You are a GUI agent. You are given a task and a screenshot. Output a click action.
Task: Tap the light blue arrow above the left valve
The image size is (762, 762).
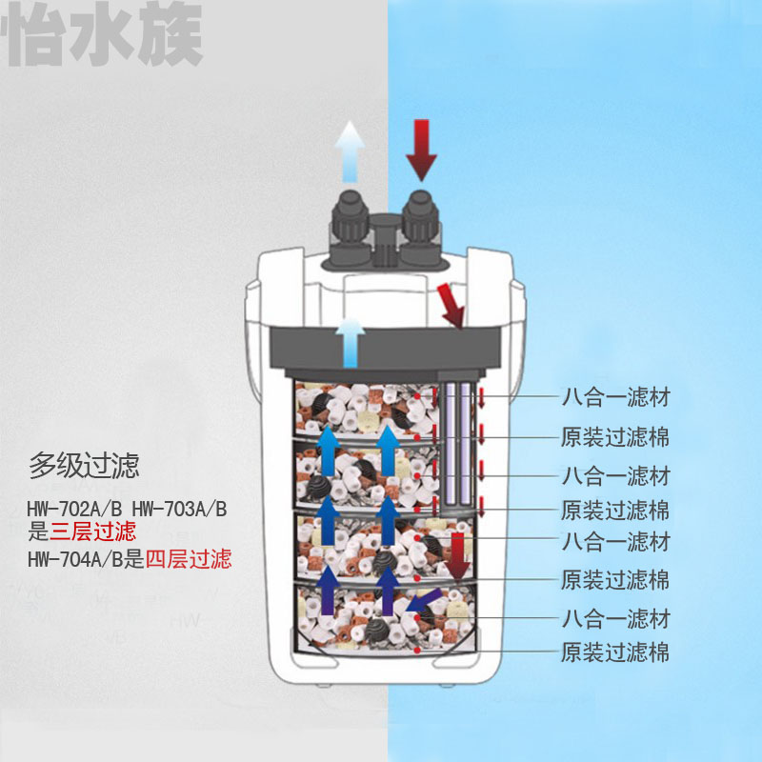point(351,152)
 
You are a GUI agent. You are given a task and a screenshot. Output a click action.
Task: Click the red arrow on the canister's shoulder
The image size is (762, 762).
point(451,305)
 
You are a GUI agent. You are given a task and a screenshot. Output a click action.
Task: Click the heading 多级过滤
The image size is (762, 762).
point(84,467)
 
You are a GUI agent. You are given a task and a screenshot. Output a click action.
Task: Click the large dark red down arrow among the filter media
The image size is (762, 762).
point(459,555)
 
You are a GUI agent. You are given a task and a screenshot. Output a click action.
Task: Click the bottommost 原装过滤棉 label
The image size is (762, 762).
point(614,653)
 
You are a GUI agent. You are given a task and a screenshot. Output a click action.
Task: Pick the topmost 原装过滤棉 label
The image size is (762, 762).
point(614,438)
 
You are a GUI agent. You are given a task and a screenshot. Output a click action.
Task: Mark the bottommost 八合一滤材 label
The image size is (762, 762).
point(614,619)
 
